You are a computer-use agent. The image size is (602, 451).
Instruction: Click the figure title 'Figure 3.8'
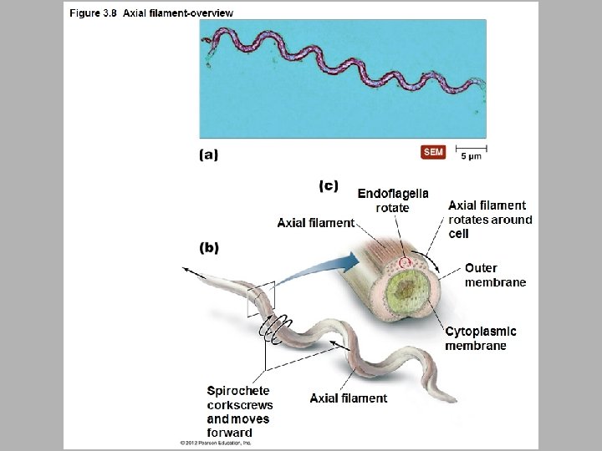coord(94,13)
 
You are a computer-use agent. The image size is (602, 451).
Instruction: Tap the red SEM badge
coord(433,152)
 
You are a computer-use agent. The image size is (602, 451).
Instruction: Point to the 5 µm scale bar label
coord(471,156)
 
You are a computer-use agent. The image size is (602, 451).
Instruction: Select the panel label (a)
coord(208,155)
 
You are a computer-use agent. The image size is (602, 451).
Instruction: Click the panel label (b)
coord(209,247)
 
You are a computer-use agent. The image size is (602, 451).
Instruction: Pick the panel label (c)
coord(329,186)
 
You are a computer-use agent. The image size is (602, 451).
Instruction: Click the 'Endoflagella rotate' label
coord(392,200)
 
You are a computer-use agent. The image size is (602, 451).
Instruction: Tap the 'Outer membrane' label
coord(495,275)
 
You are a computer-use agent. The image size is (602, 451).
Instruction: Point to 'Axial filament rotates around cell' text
coord(489,219)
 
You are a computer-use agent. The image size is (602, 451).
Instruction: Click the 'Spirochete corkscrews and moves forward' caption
coord(239,412)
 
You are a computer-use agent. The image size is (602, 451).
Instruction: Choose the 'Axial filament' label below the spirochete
coord(348,398)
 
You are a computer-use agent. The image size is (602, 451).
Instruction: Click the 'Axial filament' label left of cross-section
coord(315,222)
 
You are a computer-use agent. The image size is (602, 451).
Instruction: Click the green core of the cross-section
coord(408,292)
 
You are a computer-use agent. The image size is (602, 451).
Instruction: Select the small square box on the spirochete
coord(260,299)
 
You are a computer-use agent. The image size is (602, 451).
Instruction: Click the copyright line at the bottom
coord(216,443)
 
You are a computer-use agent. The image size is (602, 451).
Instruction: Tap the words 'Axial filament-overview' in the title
coord(178,13)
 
